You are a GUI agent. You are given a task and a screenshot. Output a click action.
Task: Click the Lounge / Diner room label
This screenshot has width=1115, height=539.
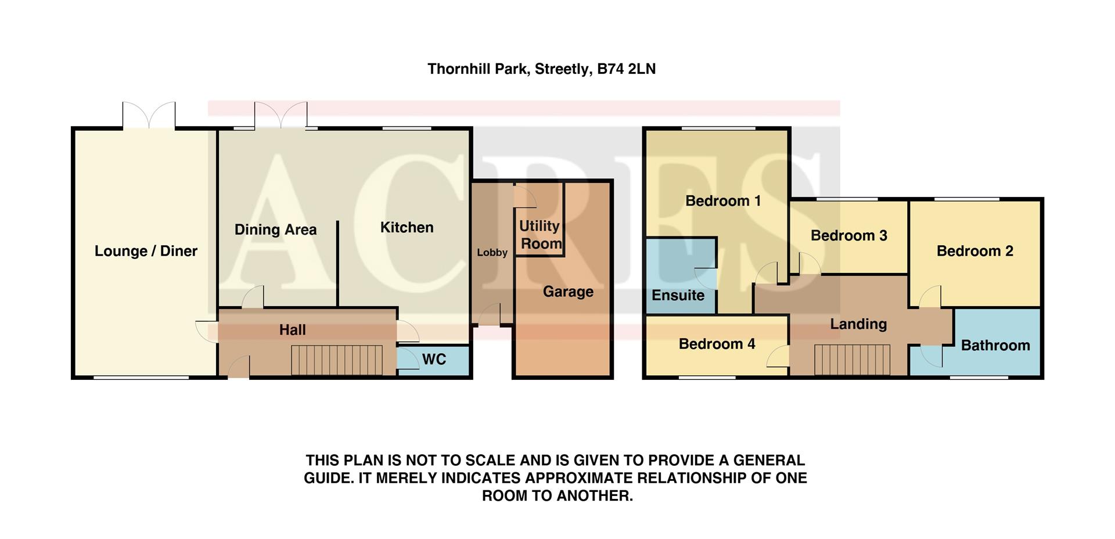pyautogui.click(x=146, y=251)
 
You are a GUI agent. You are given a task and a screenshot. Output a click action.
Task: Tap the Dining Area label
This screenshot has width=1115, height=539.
pyautogui.click(x=275, y=229)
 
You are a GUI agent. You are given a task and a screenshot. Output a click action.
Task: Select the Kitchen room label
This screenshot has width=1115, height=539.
pyautogui.click(x=407, y=227)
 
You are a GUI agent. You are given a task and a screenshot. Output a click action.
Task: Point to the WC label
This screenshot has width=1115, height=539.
pyautogui.click(x=434, y=359)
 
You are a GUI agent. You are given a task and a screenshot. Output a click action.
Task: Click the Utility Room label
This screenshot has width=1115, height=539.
pyautogui.click(x=540, y=235)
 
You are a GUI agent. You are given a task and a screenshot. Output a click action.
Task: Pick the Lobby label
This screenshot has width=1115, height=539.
pyautogui.click(x=492, y=253)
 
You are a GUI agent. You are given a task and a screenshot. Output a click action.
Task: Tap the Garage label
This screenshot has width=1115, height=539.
pyautogui.click(x=568, y=292)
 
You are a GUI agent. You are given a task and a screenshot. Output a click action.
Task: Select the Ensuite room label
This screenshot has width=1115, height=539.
pyautogui.click(x=678, y=295)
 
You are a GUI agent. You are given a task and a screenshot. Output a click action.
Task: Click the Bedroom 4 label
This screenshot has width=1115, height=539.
pyautogui.click(x=717, y=344)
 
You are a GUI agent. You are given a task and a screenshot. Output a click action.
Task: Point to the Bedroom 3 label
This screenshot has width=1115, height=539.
pyautogui.click(x=848, y=235)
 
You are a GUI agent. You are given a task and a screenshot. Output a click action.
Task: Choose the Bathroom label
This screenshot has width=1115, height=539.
pyautogui.click(x=995, y=346)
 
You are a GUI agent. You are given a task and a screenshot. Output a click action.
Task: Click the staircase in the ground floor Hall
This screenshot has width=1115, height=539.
pyautogui.click(x=337, y=361)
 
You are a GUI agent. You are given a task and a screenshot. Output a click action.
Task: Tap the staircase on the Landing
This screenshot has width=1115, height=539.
pyautogui.click(x=852, y=360)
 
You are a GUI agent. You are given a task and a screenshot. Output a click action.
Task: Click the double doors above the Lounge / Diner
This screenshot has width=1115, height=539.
pyautogui.click(x=149, y=116)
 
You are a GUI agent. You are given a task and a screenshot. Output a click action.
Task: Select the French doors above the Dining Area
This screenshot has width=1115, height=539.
pyautogui.click(x=280, y=116)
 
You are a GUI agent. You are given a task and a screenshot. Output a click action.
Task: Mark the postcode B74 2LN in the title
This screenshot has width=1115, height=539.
pyautogui.click(x=626, y=69)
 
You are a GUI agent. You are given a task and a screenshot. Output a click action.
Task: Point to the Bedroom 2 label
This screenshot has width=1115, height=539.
pyautogui.click(x=974, y=251)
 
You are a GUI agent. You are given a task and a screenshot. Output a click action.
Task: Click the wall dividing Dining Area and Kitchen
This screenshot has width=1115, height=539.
pyautogui.click(x=337, y=264)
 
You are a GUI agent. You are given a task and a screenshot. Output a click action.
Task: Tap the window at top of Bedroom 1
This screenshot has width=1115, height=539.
pyautogui.click(x=718, y=128)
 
